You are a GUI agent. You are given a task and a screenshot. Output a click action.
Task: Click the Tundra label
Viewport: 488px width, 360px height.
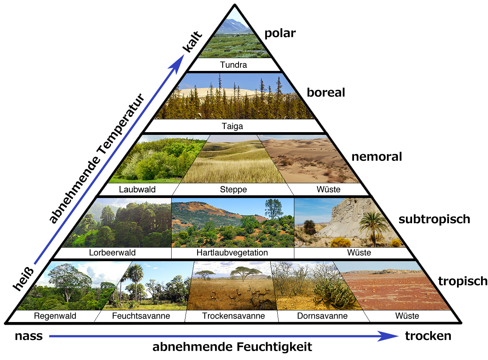234,65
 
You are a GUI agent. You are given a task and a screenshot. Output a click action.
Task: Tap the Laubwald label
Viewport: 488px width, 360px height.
137,189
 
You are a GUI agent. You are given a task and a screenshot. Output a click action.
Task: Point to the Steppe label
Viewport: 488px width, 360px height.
233,189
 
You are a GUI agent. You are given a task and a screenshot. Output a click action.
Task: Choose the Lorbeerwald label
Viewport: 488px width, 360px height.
112,253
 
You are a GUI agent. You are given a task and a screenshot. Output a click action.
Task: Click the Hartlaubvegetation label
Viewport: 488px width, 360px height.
232,253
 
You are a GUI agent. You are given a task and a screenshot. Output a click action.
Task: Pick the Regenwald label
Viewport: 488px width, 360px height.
55,316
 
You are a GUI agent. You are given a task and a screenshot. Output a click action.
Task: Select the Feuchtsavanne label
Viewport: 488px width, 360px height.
141,316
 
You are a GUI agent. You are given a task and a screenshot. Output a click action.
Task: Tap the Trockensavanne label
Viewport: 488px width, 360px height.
233,316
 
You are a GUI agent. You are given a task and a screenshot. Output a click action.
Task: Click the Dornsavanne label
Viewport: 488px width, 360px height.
322,316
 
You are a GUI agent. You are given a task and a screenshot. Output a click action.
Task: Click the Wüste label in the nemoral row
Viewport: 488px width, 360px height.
328,189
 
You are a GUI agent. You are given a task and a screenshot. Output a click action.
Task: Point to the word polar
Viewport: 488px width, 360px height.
280,33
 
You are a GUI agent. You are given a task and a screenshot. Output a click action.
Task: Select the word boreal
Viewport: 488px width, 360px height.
326,93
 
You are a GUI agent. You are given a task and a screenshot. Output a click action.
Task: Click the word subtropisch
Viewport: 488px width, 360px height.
434,219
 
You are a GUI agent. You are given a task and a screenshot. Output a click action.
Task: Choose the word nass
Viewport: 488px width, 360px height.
29,336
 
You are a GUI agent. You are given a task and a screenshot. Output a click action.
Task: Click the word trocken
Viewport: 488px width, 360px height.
428,336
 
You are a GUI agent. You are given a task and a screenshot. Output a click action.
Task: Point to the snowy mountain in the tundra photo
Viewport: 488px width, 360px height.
234,25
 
